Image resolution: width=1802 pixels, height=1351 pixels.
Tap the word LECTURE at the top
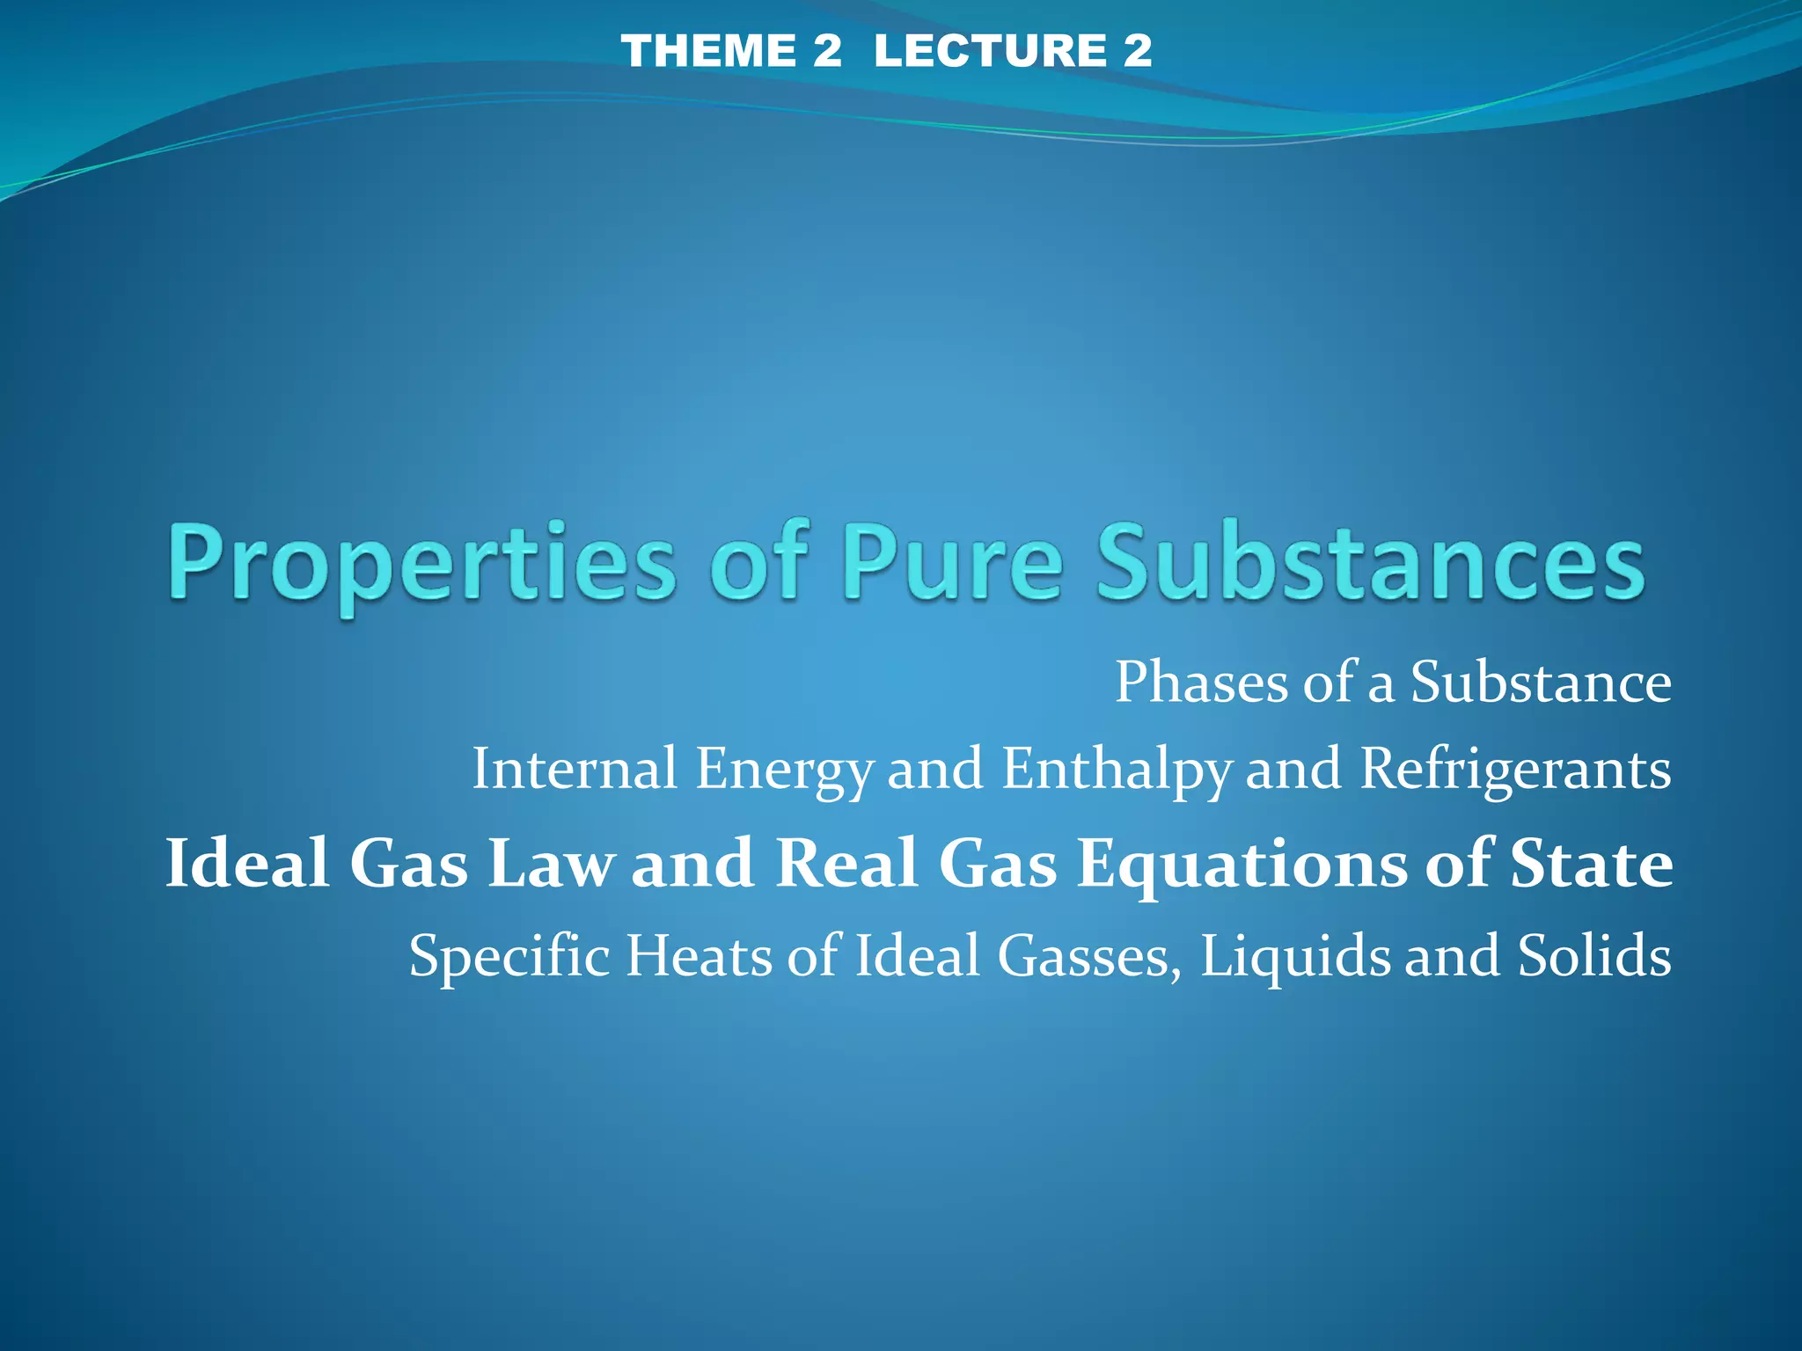pos(989,50)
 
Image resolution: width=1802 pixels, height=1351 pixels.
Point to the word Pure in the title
pos(952,563)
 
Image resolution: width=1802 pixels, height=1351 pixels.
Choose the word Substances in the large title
pos(1370,563)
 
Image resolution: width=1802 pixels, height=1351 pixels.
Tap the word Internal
pos(575,769)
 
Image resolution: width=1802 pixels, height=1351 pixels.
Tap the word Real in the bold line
pos(846,863)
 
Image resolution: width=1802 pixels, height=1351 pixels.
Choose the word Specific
pos(509,956)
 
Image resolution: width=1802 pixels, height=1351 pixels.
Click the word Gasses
pos(1089,956)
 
